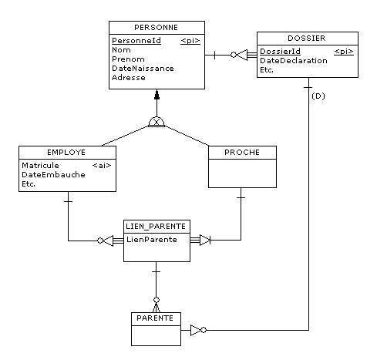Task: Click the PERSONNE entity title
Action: click(x=156, y=28)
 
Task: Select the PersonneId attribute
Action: click(x=136, y=41)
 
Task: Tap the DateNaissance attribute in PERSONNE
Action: click(x=143, y=69)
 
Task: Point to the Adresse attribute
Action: click(x=129, y=78)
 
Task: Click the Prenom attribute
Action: click(x=128, y=59)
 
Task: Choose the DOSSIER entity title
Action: click(x=307, y=39)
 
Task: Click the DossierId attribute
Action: click(x=280, y=52)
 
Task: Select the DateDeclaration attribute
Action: click(x=294, y=61)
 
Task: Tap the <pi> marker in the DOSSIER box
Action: click(x=344, y=52)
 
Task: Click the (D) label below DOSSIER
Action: click(x=318, y=96)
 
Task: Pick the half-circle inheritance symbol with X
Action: click(x=157, y=122)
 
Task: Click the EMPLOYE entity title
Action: click(x=66, y=153)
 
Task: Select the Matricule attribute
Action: click(x=40, y=166)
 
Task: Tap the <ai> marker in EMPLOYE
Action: click(x=102, y=166)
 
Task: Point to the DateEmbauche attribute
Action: click(x=53, y=175)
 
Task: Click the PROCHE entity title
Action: click(x=242, y=153)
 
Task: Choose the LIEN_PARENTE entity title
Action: click(x=156, y=227)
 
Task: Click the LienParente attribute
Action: click(x=152, y=240)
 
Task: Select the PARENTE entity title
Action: click(x=155, y=318)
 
